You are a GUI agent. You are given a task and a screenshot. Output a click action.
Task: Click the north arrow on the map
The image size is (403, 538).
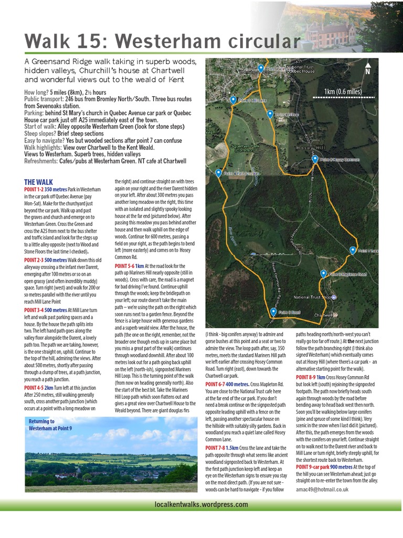(367, 69)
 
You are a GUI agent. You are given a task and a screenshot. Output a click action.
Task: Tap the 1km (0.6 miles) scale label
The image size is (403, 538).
(343, 91)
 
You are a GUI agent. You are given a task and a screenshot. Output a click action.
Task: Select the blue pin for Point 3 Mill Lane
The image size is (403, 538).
(233, 100)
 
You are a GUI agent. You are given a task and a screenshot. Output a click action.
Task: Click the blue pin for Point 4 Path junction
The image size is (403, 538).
(218, 173)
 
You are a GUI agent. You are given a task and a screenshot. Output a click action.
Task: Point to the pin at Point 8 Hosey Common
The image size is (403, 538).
(315, 159)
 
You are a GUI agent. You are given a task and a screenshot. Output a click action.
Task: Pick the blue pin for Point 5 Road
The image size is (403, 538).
(273, 312)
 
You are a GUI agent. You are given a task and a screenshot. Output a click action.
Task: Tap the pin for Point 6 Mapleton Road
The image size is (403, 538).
(323, 274)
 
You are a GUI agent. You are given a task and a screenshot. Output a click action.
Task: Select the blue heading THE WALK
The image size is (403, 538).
(38, 182)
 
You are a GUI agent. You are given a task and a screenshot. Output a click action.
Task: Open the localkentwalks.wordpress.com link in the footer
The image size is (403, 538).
(201, 504)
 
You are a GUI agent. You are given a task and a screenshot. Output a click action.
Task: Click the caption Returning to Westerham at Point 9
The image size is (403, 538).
(42, 425)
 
